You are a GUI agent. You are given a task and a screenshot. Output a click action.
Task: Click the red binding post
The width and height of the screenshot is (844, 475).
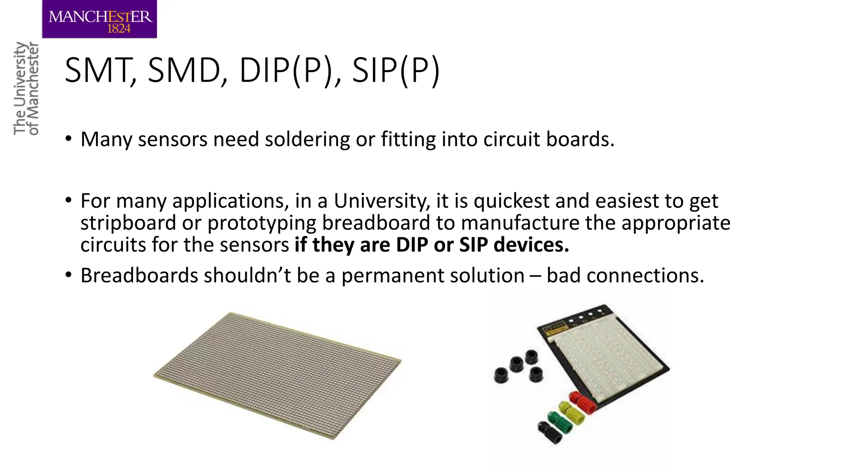[x=582, y=402]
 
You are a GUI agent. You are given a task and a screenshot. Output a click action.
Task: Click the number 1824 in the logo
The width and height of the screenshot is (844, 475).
[x=119, y=28]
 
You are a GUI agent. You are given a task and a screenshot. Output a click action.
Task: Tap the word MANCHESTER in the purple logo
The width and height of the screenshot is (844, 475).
[x=100, y=16]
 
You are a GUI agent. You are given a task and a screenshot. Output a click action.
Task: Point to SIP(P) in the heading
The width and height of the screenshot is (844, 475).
[x=396, y=71]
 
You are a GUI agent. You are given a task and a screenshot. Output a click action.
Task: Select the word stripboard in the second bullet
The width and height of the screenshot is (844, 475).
[x=128, y=223]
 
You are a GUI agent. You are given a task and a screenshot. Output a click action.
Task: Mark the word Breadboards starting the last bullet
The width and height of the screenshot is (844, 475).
[x=139, y=275]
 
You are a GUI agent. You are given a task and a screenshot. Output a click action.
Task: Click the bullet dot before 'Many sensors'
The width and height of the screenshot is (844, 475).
[x=68, y=139]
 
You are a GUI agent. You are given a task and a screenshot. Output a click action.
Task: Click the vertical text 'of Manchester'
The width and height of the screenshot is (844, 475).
[x=33, y=89]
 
